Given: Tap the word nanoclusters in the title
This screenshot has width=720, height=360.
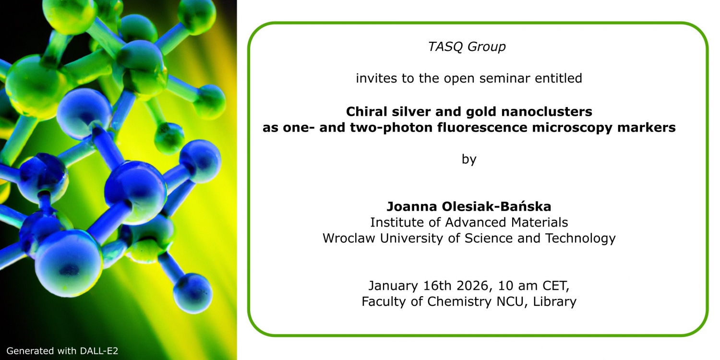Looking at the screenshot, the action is (546, 112).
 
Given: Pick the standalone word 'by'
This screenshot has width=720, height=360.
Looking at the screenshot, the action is (469, 159).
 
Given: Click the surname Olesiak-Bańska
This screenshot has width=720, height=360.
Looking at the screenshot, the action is (497, 206).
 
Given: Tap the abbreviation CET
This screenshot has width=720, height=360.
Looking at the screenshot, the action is (556, 286).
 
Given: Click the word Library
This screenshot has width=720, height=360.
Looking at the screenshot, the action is (555, 302).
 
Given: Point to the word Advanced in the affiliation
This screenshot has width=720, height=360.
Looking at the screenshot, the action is (475, 222).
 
